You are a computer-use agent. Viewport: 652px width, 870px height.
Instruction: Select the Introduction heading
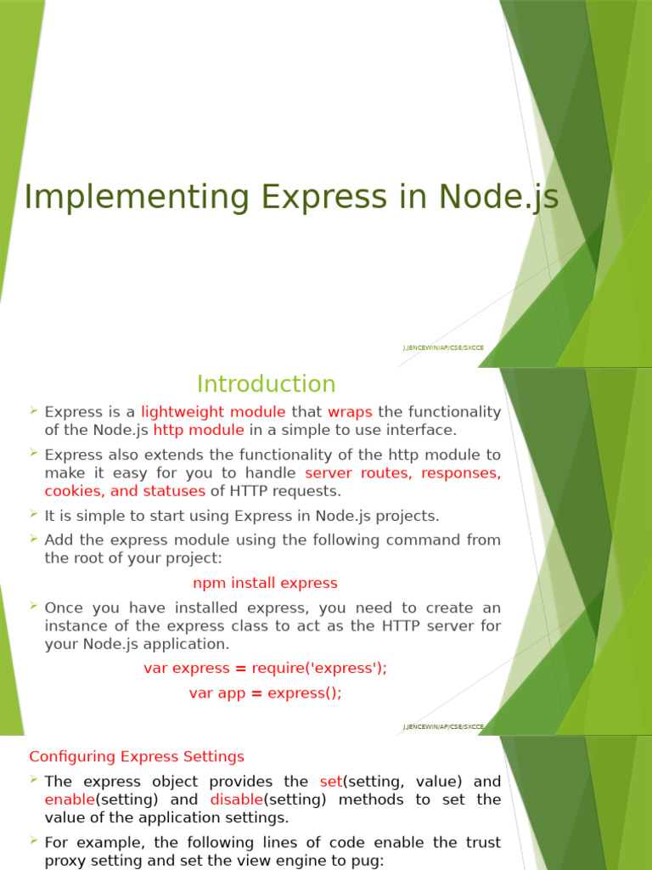tap(266, 384)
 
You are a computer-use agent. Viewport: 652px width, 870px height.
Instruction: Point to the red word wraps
tap(350, 412)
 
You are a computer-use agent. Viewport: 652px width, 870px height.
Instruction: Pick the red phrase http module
tap(199, 431)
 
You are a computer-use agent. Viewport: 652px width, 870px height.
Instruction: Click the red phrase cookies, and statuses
tap(125, 491)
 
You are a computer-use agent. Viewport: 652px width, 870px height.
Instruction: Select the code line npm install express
tap(265, 583)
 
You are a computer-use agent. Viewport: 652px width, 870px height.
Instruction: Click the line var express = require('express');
tap(265, 668)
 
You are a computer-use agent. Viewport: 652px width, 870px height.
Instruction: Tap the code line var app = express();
tap(265, 693)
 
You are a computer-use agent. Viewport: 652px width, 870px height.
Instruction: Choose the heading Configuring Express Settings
tap(137, 756)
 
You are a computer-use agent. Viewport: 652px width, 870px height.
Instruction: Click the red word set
tap(330, 782)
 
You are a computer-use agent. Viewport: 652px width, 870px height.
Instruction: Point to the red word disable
tap(236, 800)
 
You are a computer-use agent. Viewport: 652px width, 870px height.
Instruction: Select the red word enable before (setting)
tap(69, 800)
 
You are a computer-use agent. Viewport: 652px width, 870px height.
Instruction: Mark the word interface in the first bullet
tap(427, 431)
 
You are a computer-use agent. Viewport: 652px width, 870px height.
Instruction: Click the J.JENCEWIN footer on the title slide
tap(443, 347)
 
